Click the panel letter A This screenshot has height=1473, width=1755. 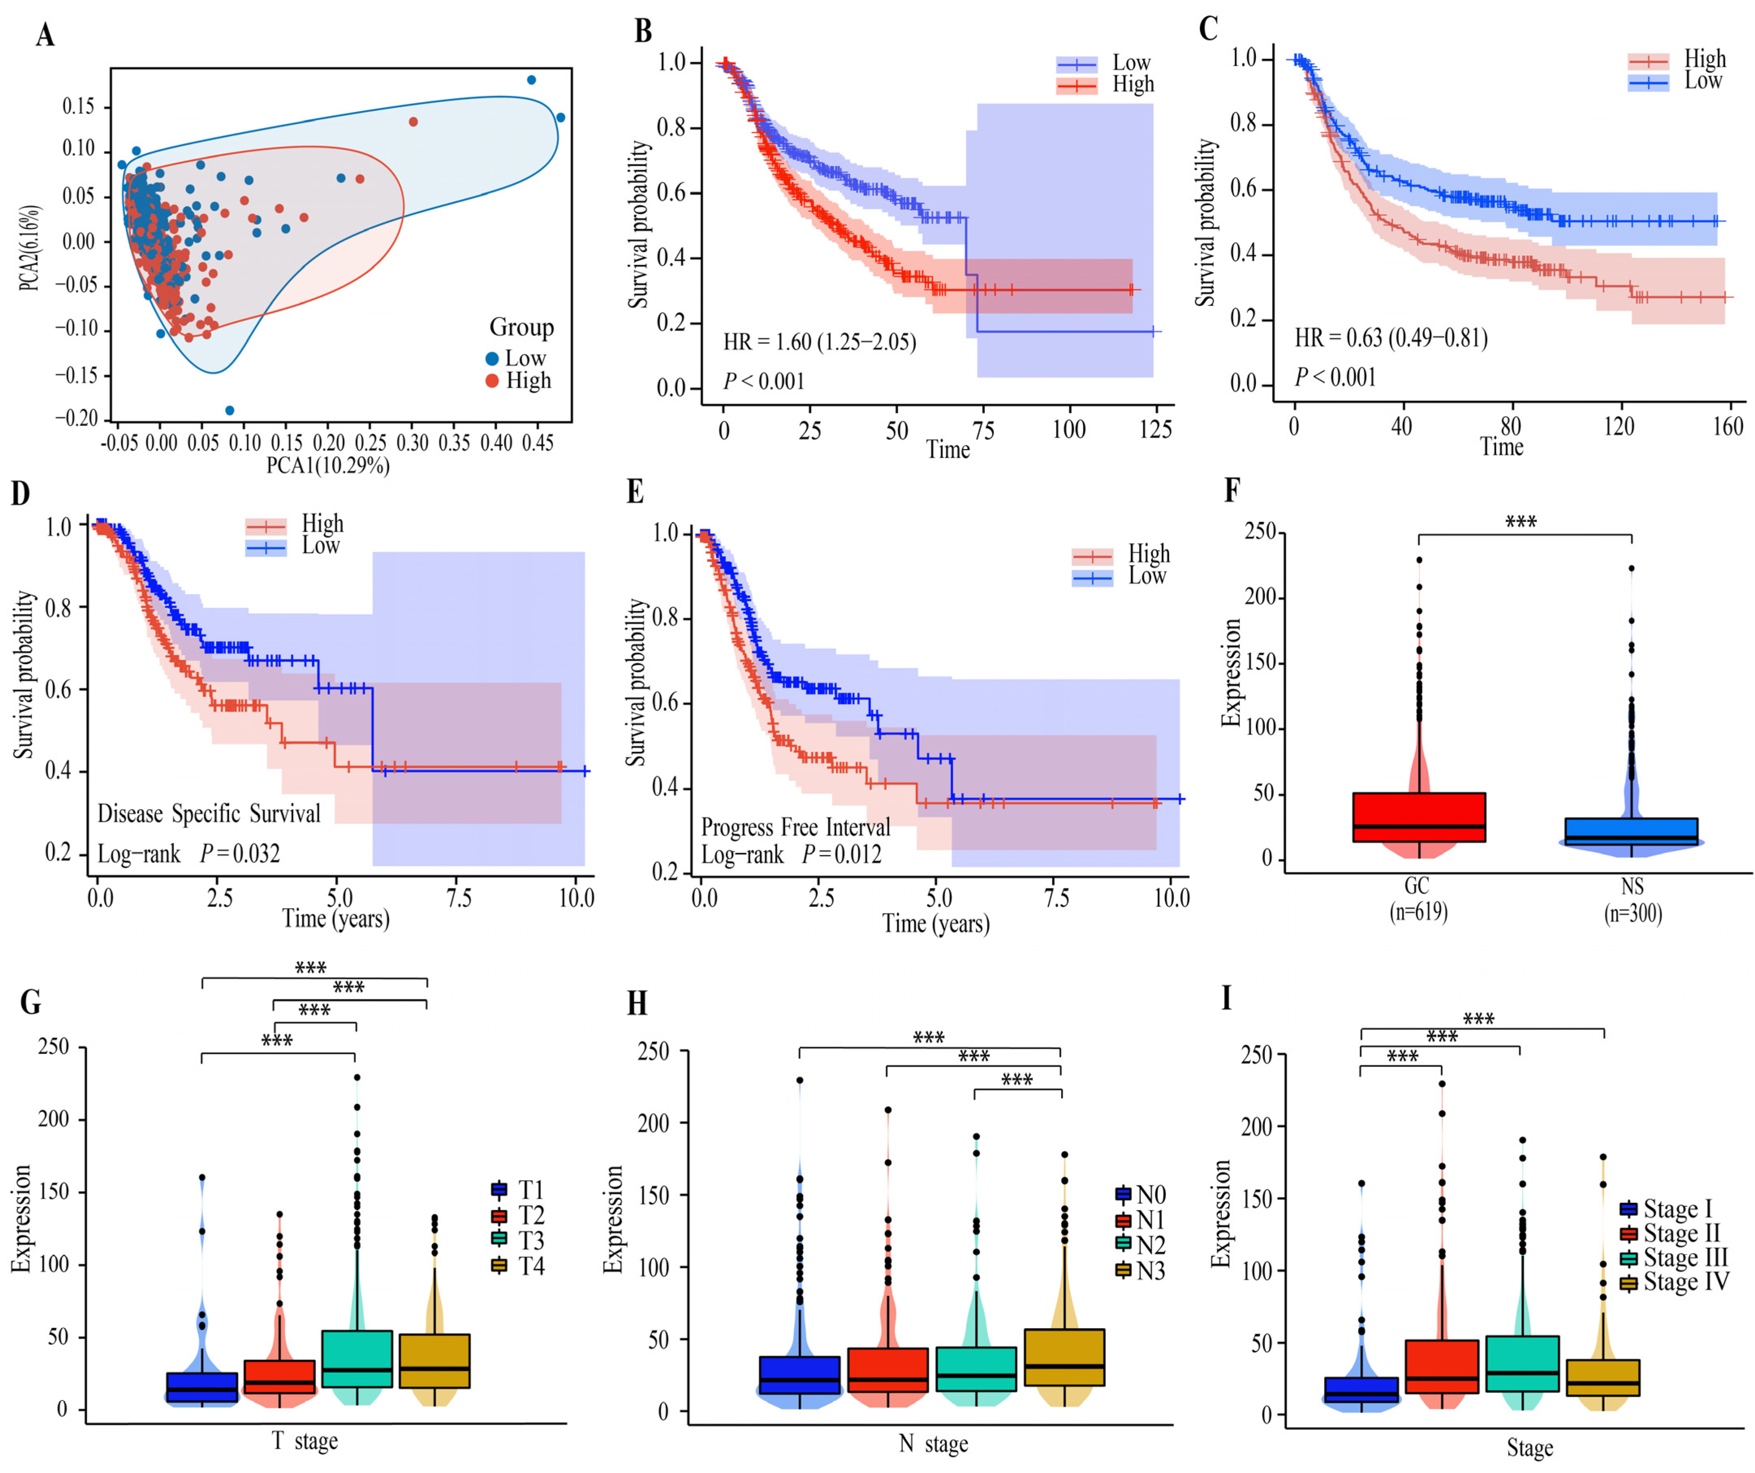(x=45, y=36)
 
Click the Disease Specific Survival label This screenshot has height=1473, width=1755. (x=209, y=814)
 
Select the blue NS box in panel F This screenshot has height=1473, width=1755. (x=1631, y=832)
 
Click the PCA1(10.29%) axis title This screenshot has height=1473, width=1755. (x=327, y=465)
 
